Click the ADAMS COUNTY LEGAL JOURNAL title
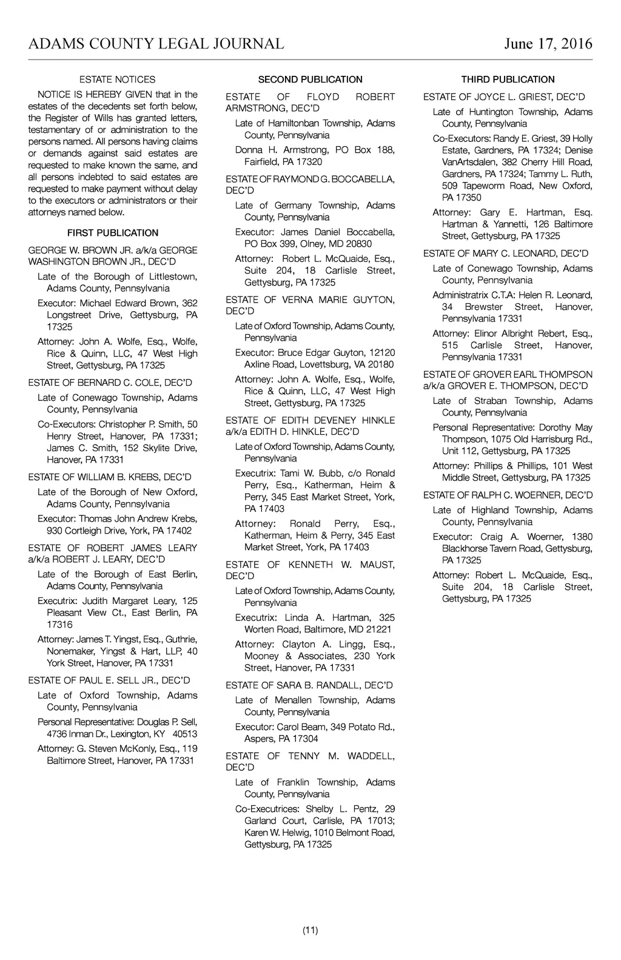[156, 44]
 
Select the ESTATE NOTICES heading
[117, 79]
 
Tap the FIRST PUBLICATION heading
[113, 233]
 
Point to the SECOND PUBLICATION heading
[310, 79]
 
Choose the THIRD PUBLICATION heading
[508, 79]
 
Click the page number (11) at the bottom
[310, 930]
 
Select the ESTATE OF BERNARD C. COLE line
[110, 383]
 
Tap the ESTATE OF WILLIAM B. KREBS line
[110, 477]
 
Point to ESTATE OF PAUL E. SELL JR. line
[109, 680]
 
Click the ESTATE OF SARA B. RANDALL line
[309, 685]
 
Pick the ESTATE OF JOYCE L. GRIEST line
[504, 97]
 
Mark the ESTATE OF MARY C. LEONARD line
[506, 253]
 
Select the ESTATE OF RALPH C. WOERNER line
[508, 495]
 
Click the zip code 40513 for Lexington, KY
[185, 734]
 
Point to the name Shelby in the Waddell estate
[320, 809]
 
